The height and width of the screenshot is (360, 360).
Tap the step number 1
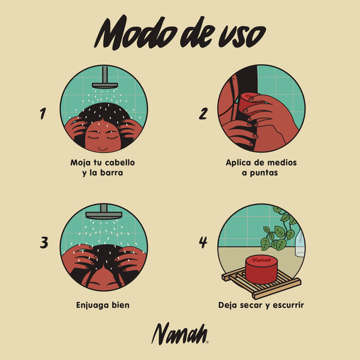[x=43, y=113]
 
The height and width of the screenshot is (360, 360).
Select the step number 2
[x=203, y=113]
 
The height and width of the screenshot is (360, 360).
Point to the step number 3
[x=43, y=242]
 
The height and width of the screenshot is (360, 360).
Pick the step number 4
[x=203, y=242]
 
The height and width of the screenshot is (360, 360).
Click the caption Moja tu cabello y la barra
[x=103, y=167]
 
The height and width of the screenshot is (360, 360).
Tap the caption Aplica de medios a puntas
[x=261, y=167]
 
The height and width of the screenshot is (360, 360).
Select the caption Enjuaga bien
[x=103, y=305]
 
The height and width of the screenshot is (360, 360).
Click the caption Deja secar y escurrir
[x=261, y=305]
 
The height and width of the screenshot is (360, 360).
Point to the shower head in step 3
[x=104, y=212]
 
